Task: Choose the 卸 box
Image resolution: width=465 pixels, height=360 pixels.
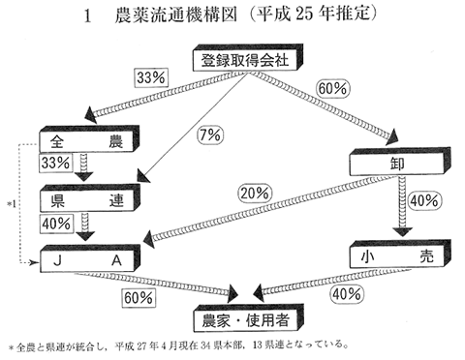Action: [x=397, y=165]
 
